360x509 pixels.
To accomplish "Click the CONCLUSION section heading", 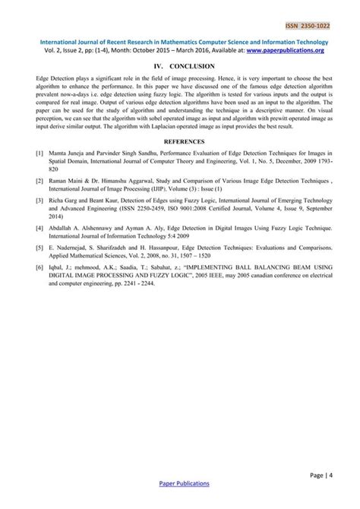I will coord(189,67).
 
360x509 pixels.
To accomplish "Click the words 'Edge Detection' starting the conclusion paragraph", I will coord(56,79).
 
